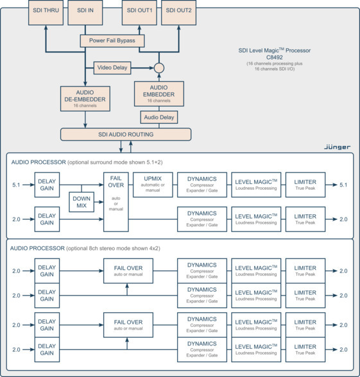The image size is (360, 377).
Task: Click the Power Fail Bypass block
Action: [112, 41]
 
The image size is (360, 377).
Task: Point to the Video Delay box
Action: [113, 67]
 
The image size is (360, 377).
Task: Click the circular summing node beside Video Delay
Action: [159, 67]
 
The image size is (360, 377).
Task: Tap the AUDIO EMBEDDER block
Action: [159, 93]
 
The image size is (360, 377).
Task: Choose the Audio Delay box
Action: [159, 117]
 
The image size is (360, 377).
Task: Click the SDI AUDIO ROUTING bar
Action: [125, 134]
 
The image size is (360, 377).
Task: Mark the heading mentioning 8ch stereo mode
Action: [83, 247]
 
